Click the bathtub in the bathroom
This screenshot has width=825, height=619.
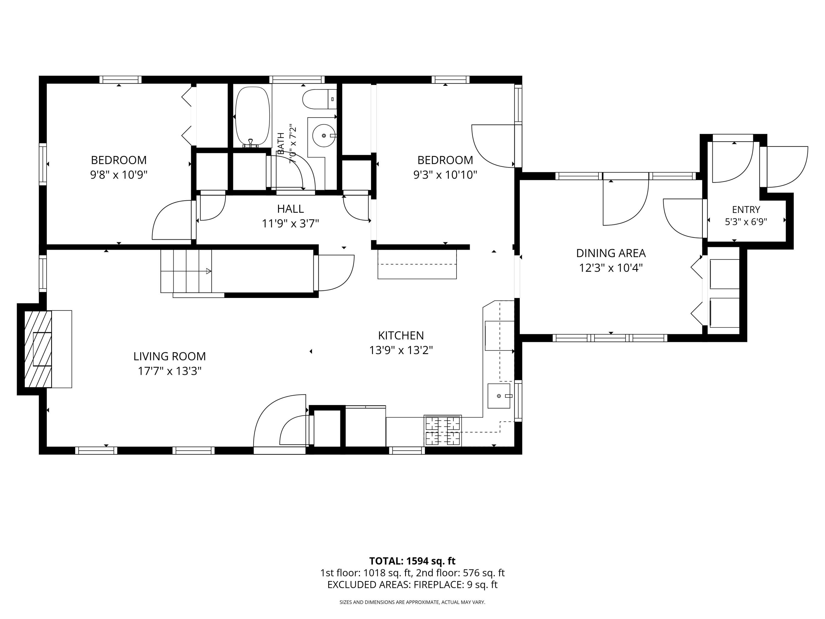(x=252, y=116)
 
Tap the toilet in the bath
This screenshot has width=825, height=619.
(x=319, y=99)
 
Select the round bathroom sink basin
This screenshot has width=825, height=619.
(x=323, y=135)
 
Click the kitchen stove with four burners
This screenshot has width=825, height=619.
(x=443, y=431)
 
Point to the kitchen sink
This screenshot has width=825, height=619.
(x=499, y=396)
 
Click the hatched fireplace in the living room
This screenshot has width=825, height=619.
(x=38, y=349)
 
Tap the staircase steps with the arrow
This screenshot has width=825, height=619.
(x=186, y=271)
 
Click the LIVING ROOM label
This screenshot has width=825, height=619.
(x=170, y=356)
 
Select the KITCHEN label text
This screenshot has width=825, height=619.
(x=401, y=335)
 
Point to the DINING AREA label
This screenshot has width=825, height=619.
(x=611, y=253)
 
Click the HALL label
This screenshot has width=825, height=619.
(x=291, y=209)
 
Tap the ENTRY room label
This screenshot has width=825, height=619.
(x=746, y=210)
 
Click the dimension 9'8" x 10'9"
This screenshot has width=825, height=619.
(x=119, y=175)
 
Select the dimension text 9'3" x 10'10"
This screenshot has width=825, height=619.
(x=445, y=175)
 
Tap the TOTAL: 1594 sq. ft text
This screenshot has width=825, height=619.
(x=412, y=561)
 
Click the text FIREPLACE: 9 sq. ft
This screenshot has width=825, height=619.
(x=455, y=584)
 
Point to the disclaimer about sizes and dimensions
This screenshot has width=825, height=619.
(x=412, y=602)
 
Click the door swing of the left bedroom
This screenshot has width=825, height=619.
(x=172, y=220)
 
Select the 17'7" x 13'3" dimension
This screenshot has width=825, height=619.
(x=170, y=371)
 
